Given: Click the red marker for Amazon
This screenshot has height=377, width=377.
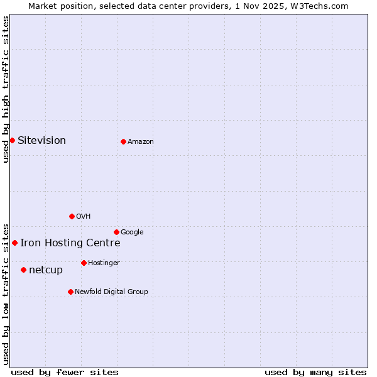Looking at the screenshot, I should pyautogui.click(x=123, y=141).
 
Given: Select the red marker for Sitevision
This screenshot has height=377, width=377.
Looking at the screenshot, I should pyautogui.click(x=12, y=140).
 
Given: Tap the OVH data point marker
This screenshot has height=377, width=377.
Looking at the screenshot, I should pyautogui.click(x=72, y=216).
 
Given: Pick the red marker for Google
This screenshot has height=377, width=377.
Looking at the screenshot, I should pyautogui.click(x=116, y=232).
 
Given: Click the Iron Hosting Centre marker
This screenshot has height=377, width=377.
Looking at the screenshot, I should pyautogui.click(x=14, y=243).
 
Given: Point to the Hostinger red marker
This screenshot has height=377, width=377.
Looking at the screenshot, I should pyautogui.click(x=84, y=263).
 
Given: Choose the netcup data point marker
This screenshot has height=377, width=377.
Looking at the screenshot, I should pyautogui.click(x=23, y=270).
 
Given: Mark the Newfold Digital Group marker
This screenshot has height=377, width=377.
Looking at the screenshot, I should pyautogui.click(x=70, y=292).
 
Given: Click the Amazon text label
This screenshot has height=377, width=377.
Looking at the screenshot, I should pyautogui.click(x=141, y=142).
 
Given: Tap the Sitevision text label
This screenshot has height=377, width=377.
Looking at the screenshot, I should pyautogui.click(x=41, y=140).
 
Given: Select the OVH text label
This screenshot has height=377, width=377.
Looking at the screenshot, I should pyautogui.click(x=84, y=217).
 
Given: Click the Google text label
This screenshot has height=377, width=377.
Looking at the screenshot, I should pyautogui.click(x=132, y=232).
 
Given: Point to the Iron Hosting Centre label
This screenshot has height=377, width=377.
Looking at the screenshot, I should pyautogui.click(x=70, y=243).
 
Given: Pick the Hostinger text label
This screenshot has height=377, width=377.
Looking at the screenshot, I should pyautogui.click(x=104, y=263).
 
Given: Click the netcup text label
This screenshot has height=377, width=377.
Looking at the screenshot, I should pyautogui.click(x=46, y=270).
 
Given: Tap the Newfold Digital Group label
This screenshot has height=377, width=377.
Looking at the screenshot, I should pyautogui.click(x=111, y=292).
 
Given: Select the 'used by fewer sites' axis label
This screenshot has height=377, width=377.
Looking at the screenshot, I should pyautogui.click(x=65, y=372).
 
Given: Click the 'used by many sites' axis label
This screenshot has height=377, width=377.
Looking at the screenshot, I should pyautogui.click(x=315, y=372).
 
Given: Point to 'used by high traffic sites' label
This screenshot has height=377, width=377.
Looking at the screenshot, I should pyautogui.click(x=6, y=89).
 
